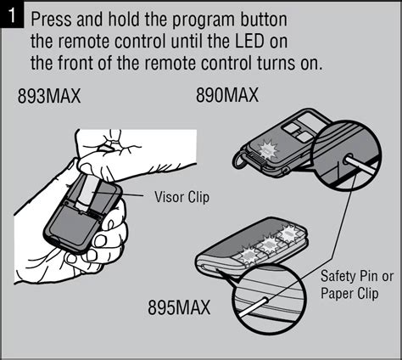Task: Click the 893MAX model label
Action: (x=49, y=97)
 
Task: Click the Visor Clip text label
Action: (x=181, y=196)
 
